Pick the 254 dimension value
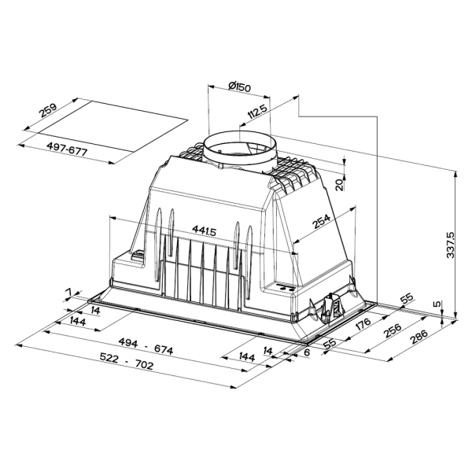tap(321, 223)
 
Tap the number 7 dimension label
tap(68, 293)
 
